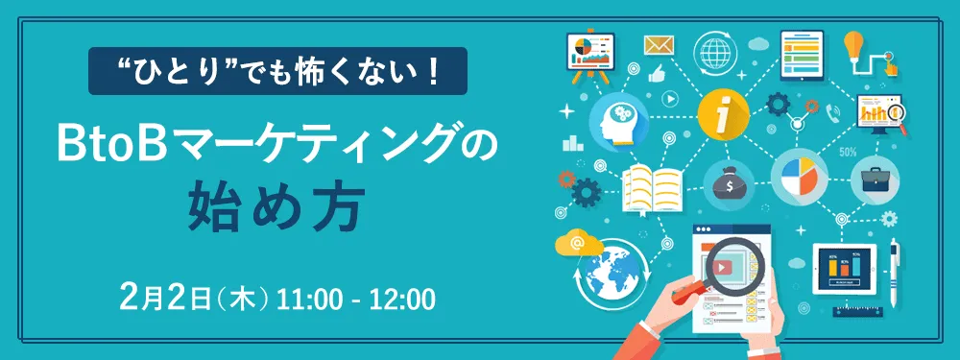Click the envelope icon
pos(659,45)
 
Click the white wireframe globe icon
pos(715,48)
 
